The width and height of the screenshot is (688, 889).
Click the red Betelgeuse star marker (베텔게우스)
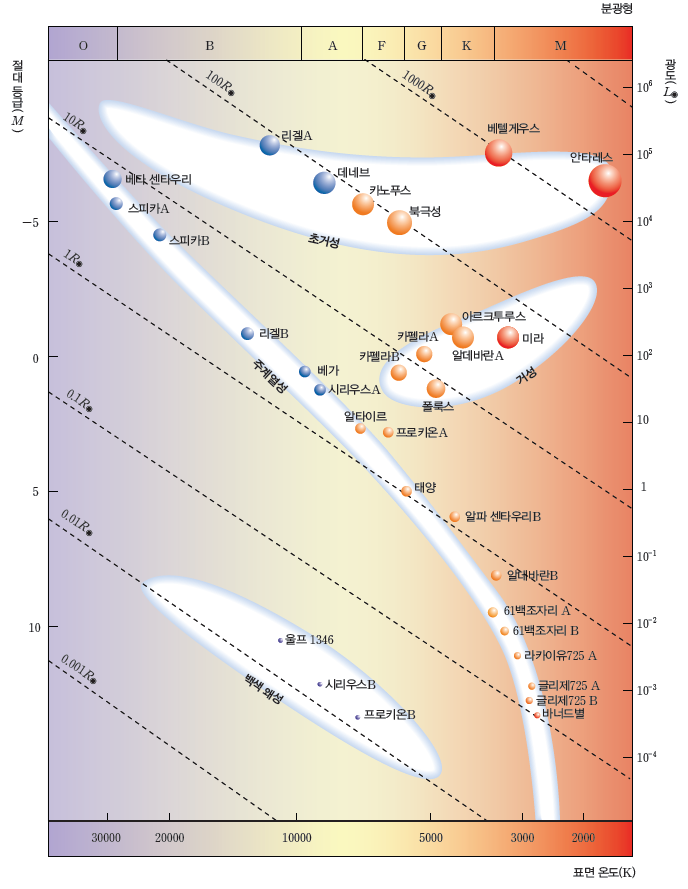click(498, 153)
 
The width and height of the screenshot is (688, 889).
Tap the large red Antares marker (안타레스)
click(605, 180)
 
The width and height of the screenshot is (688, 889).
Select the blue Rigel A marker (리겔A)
click(269, 145)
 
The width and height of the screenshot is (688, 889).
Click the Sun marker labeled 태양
click(406, 491)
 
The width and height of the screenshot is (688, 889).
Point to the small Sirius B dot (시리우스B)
click(320, 684)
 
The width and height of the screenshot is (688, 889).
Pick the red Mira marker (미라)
click(508, 337)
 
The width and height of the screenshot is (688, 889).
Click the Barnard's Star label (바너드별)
click(564, 714)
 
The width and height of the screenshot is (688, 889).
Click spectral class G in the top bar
click(422, 46)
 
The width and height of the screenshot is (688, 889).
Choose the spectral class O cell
click(83, 46)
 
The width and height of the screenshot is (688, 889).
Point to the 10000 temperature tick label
click(296, 837)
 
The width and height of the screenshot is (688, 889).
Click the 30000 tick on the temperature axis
click(106, 837)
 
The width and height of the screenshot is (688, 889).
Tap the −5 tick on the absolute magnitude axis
click(30, 222)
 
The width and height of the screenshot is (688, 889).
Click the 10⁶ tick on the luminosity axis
click(645, 87)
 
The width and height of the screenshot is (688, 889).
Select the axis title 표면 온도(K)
click(603, 872)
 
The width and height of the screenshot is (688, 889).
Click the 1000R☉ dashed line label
click(417, 84)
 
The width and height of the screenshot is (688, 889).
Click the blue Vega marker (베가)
click(305, 371)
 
